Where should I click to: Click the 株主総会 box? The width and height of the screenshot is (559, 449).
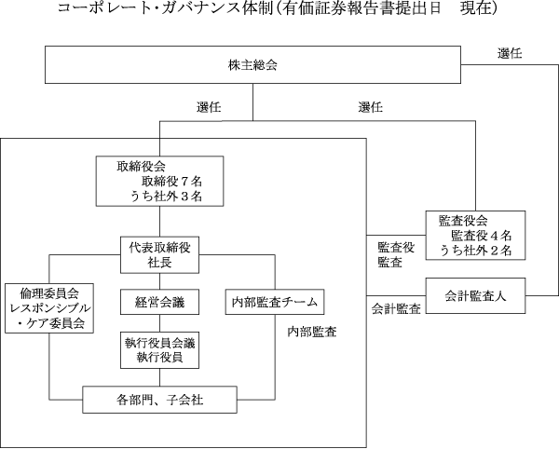pyautogui.click(x=254, y=65)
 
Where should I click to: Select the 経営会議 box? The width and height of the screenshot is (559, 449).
pyautogui.click(x=158, y=302)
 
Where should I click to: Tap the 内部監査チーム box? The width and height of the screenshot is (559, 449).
pyautogui.click(x=274, y=302)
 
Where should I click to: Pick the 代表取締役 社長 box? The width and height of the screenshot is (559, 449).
pyautogui.click(x=158, y=253)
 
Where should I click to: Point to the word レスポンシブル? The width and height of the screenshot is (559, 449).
pyautogui.click(x=49, y=307)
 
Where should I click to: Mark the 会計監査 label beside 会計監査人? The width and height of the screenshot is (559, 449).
pyautogui.click(x=395, y=308)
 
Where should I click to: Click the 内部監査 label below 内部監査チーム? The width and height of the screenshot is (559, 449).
pyautogui.click(x=312, y=331)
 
